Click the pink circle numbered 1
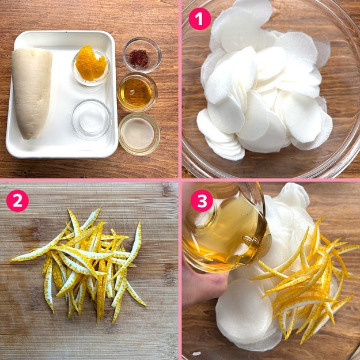point(199,19)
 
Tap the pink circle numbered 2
point(17,200)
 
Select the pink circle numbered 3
point(202,200)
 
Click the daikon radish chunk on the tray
point(32,92)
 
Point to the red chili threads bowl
point(142,55)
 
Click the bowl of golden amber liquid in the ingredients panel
point(137,92)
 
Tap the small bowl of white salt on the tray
point(92,119)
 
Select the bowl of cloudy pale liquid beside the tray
point(139,134)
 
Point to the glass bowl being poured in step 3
point(226,228)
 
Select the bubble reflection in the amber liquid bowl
point(132,92)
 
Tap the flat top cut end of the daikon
point(32,51)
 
